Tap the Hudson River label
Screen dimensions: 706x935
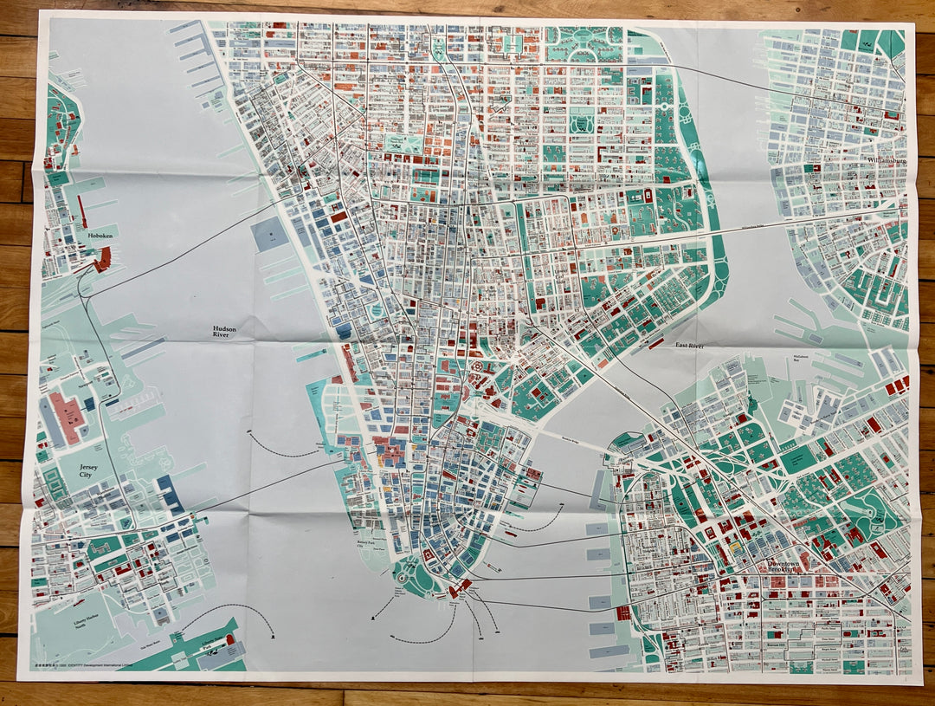pyautogui.click(x=229, y=334)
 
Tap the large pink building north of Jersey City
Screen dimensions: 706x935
pyautogui.click(x=68, y=416)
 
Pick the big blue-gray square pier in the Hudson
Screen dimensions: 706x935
pyautogui.click(x=269, y=234)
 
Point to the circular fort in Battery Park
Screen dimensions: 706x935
pyautogui.click(x=403, y=575)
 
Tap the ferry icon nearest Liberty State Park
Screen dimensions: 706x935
pyautogui.click(x=271, y=637)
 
